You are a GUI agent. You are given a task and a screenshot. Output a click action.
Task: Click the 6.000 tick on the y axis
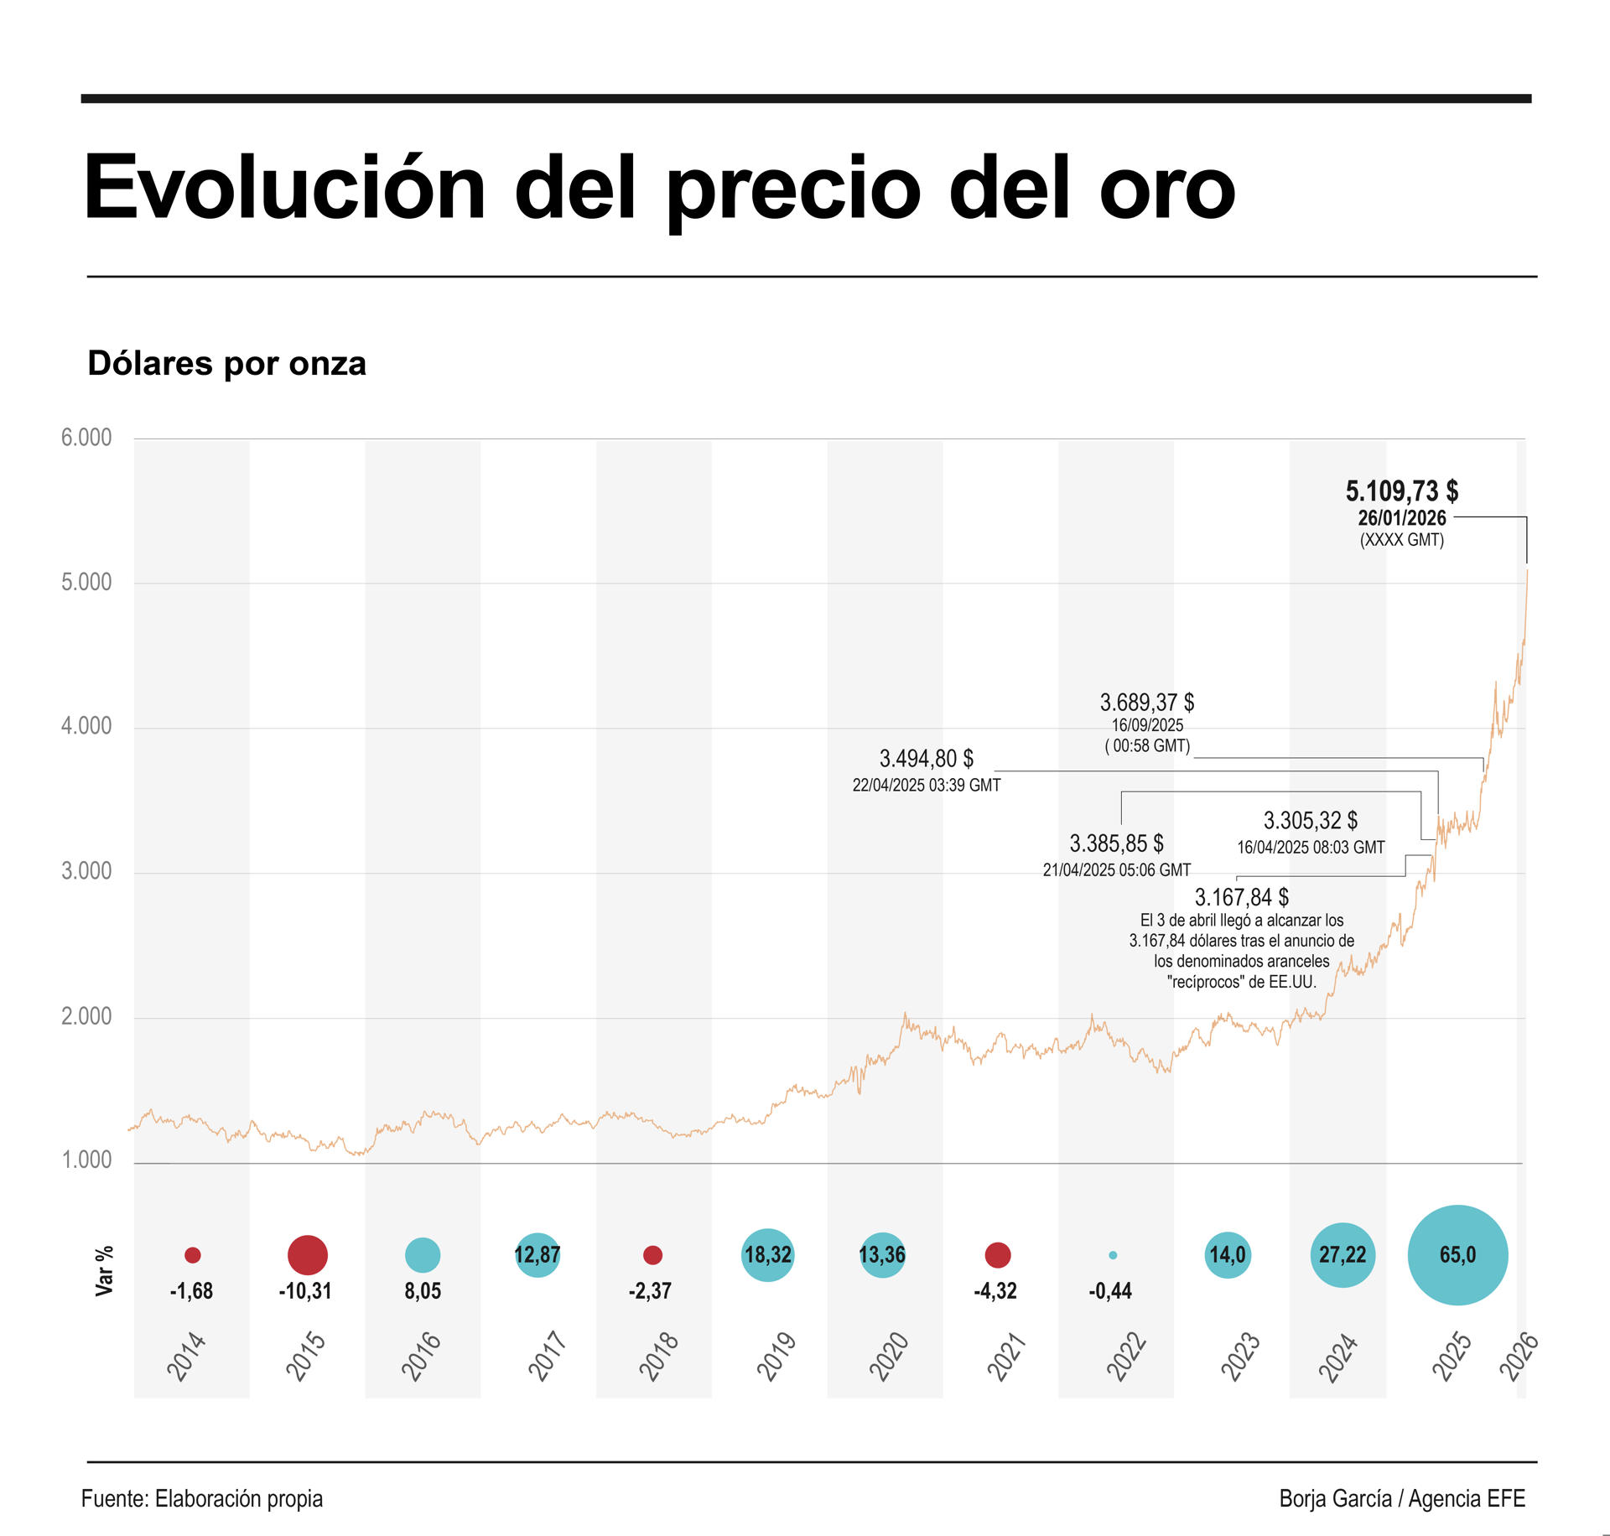coord(86,438)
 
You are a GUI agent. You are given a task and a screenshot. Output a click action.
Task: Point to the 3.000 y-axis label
coord(86,871)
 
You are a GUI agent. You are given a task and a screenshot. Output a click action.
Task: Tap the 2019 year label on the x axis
coord(776,1357)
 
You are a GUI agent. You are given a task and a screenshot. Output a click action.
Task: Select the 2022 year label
coord(1125,1357)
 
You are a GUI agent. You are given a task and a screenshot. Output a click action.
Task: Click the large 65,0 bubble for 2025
coord(1457,1255)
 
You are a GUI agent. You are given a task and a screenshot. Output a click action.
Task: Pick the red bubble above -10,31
coord(307,1255)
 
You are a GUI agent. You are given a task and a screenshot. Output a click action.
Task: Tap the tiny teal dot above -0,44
coord(1113,1255)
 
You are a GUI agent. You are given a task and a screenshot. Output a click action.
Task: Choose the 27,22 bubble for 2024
coord(1343,1255)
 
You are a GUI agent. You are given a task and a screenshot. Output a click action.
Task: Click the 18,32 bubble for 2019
coord(767,1255)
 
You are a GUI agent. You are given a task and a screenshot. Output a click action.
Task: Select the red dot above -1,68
coord(192,1255)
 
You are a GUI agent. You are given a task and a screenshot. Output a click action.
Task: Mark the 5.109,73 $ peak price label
coord(1401,490)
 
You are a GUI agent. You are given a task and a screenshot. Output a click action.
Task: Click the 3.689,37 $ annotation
coord(1146,702)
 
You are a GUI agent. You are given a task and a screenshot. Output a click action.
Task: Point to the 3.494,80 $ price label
coord(926,759)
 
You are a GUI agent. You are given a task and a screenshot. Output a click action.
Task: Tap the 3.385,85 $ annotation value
coord(1116,843)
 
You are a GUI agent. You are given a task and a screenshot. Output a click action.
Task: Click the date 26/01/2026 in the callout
coord(1401,518)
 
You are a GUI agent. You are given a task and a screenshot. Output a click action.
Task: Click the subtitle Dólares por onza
coord(226,364)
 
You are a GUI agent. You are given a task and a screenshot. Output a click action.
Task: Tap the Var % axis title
coord(104,1271)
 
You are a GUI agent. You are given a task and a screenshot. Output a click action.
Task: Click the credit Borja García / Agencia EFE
coord(1401,1498)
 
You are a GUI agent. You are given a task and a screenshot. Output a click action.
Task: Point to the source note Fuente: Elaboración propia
coord(202,1498)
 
